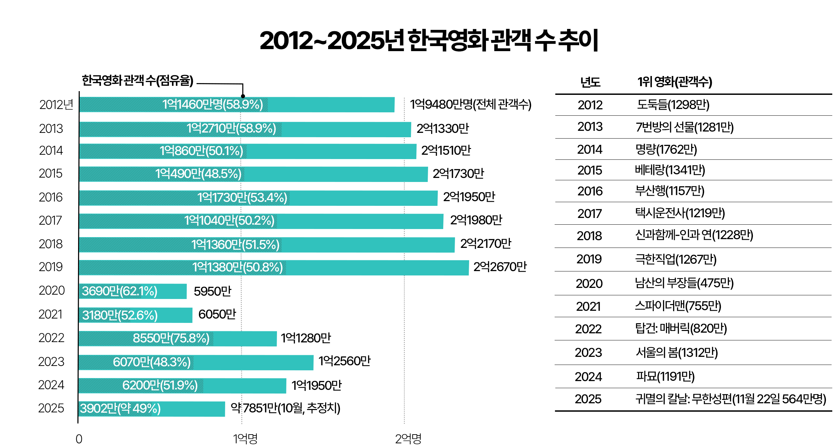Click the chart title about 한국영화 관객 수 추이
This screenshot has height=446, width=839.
pos(429,40)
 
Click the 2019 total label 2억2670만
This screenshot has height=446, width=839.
pos(500,267)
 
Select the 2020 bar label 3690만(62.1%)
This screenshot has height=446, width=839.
pos(119,291)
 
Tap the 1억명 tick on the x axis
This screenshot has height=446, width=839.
pos(245,439)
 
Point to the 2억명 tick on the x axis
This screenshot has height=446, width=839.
pos(408,439)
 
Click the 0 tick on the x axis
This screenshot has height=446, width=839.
pos(79,439)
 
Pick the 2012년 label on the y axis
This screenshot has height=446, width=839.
pos(56,105)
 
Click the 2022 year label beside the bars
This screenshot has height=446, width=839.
pos(51,338)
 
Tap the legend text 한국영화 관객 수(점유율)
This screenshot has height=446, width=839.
pos(138,80)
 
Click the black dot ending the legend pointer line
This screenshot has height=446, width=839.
pos(243,96)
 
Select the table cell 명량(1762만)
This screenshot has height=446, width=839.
pos(666,149)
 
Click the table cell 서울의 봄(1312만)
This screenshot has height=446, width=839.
pos(676,352)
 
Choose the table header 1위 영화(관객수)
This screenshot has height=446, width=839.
pos(674,82)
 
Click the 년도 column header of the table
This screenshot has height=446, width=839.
pos(590,82)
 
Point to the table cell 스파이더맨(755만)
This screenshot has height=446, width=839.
pos(678,306)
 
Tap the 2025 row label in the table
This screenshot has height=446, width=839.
pos(588,399)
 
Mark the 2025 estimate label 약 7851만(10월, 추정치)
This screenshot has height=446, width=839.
pos(285,408)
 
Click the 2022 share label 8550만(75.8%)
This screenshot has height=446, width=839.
pos(171,338)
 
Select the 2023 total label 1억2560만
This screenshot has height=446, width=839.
pos(344,361)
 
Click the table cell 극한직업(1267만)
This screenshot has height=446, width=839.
pos(675,259)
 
